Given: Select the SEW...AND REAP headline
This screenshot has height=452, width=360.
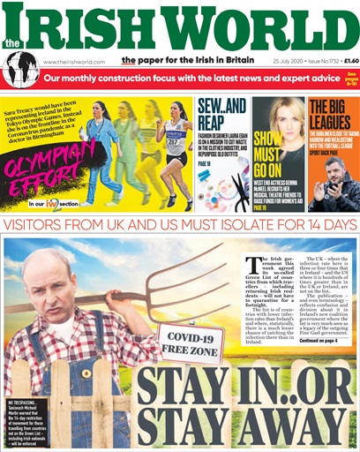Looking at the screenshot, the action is click(217, 113).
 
